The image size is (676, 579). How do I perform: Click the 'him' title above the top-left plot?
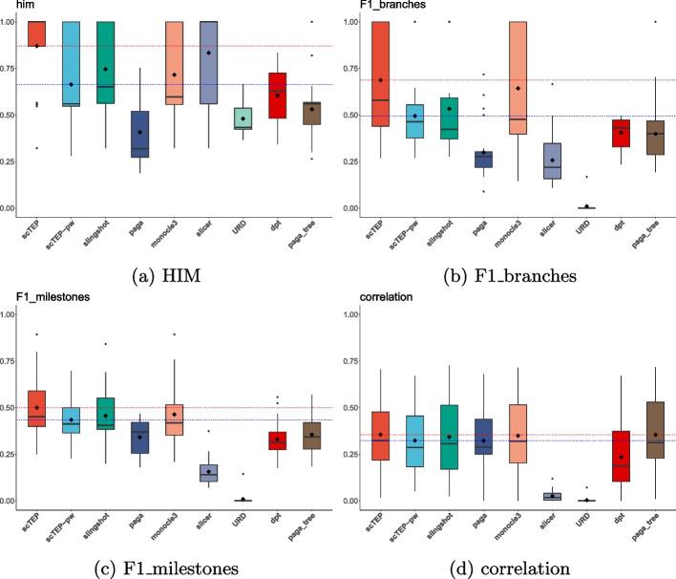tap(11, 6)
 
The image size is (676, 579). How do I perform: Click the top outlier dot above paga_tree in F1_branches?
tap(655, 21)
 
